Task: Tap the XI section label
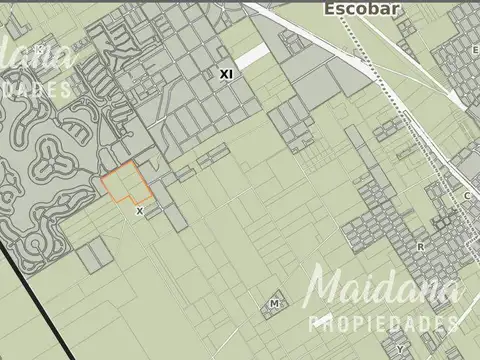pos(226,74)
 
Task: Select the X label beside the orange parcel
pos(140,211)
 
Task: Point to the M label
pos(273,303)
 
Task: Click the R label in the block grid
pos(421,245)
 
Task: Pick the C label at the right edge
pos(467,196)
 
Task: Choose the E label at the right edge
pos(474,49)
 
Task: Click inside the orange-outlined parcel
pos(125,184)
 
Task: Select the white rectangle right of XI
pos(252,57)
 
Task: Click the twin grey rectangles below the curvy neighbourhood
pos(90,257)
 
